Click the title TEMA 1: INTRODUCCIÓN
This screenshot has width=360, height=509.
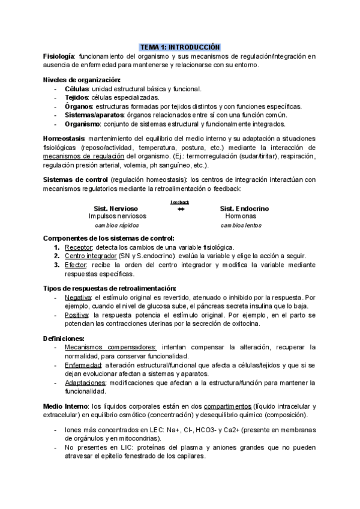180,47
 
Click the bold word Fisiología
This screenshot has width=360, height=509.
59,56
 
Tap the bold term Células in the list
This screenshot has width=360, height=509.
76,89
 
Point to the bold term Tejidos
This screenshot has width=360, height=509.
77,97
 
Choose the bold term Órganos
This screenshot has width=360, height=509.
77,106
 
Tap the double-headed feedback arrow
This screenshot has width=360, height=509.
181,209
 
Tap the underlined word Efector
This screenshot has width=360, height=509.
76,265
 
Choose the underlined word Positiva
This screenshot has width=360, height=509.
76,315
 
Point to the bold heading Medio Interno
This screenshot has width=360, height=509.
67,406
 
